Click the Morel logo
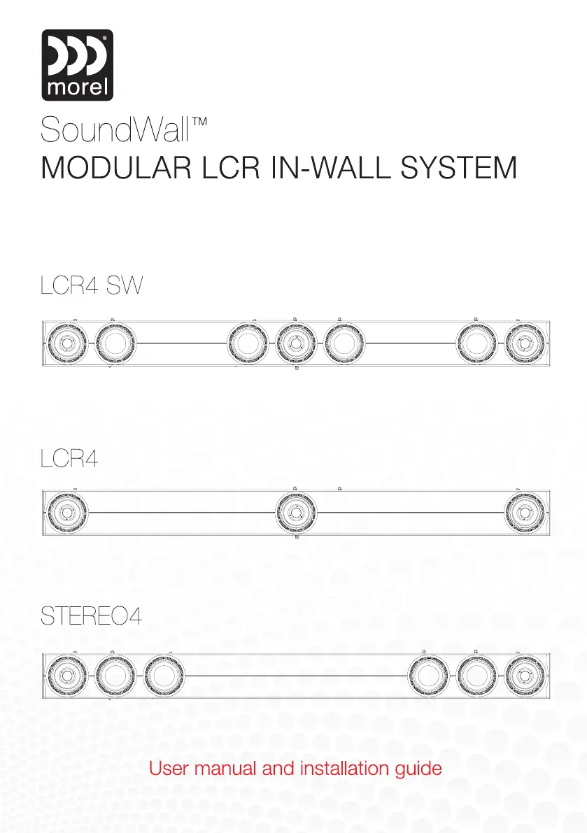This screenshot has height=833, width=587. (78, 65)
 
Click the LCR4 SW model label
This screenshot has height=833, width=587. (91, 287)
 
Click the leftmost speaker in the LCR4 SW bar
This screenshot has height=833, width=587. (64, 343)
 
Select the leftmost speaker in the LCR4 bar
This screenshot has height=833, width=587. (64, 512)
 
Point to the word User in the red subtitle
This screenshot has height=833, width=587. (167, 769)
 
